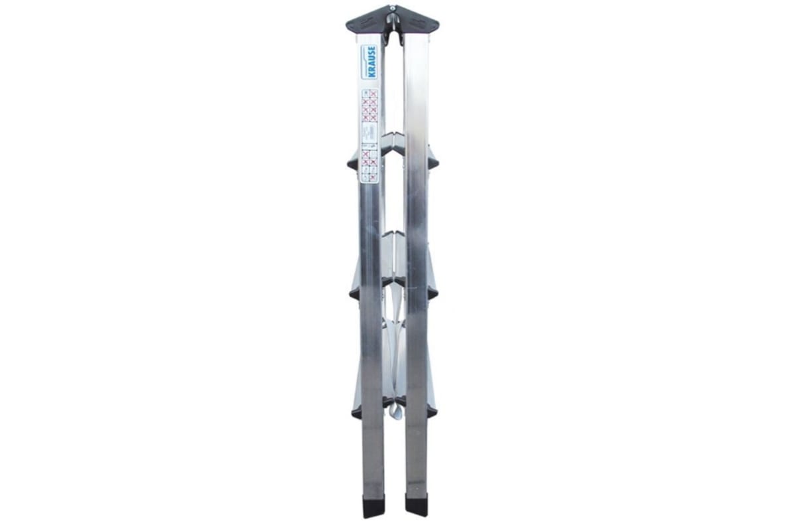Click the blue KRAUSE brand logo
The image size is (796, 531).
370,62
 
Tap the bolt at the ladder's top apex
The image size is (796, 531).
393,9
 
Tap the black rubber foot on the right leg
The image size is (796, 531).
417,504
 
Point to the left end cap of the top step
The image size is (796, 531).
352,163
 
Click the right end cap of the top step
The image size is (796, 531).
432,161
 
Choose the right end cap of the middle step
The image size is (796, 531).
432,291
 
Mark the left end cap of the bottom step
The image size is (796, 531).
356,414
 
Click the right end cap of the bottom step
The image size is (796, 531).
432,412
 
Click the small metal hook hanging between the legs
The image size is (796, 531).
396,412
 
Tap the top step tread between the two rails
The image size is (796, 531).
393,139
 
